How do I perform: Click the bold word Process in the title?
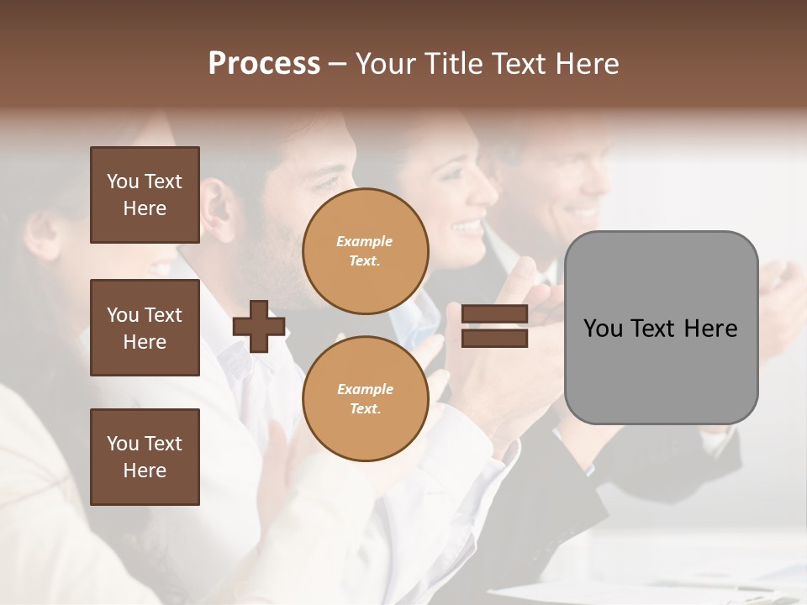[x=264, y=64]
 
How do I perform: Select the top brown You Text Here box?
[x=145, y=195]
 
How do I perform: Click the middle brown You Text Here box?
[x=145, y=328]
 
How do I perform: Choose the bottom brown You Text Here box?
[x=145, y=457]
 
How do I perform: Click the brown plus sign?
[x=259, y=326]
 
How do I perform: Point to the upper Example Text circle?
[x=365, y=251]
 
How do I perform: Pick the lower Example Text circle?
[x=365, y=399]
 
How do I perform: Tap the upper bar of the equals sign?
[x=495, y=314]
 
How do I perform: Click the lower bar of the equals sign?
[x=495, y=339]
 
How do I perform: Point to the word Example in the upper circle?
[x=365, y=242]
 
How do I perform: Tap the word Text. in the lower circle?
[x=365, y=409]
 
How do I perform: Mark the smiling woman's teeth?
[x=467, y=227]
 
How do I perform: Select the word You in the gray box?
[x=603, y=329]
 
